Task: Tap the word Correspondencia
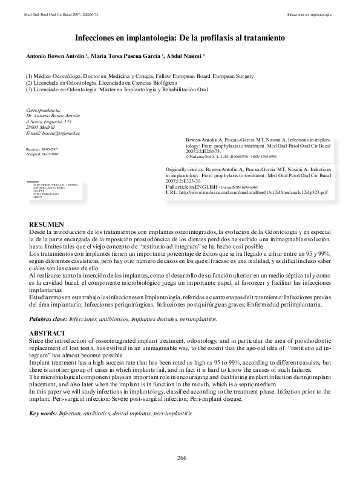44,110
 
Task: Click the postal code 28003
34,126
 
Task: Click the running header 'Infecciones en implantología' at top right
309,13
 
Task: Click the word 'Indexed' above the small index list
33,181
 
